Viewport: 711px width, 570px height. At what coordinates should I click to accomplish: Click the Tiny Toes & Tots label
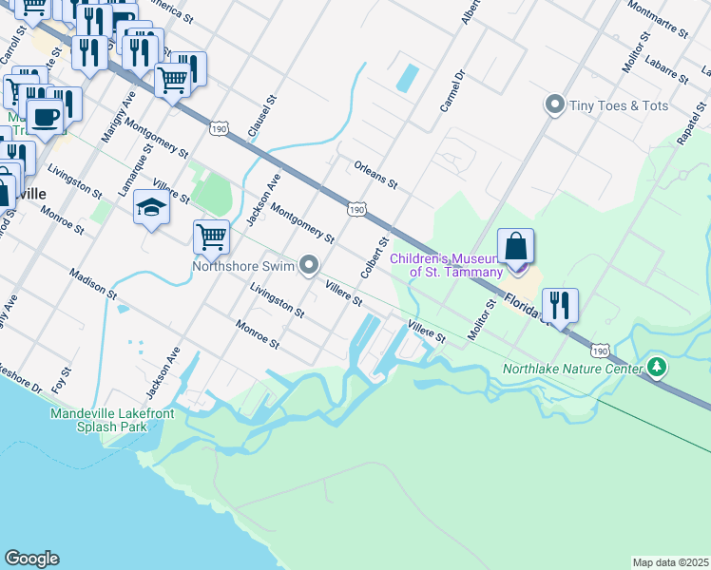(x=618, y=105)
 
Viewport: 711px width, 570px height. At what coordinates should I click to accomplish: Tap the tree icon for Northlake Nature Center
(x=656, y=367)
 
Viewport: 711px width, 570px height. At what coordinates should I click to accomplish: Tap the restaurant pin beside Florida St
(x=559, y=305)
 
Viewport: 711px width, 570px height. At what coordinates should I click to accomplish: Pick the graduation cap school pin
(x=151, y=207)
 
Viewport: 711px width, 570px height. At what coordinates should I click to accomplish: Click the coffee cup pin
(x=44, y=118)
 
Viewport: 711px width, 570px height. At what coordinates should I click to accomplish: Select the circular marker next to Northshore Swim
(x=309, y=266)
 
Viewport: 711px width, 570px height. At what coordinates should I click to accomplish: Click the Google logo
(x=31, y=559)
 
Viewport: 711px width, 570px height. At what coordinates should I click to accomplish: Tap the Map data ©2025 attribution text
(x=670, y=562)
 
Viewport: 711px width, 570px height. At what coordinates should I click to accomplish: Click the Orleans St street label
(x=375, y=174)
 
